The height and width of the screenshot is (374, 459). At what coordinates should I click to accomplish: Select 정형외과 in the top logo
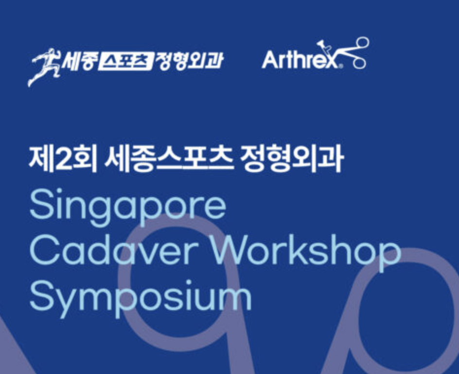point(189,61)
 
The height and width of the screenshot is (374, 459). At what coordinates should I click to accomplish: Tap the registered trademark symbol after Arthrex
point(340,66)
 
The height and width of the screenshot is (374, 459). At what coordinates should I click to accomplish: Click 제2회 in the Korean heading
point(63,159)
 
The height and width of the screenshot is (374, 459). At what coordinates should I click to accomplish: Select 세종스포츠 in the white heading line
point(169,159)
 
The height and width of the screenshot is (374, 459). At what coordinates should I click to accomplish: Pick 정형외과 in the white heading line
point(291,159)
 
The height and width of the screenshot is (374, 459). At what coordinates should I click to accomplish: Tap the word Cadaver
point(113,251)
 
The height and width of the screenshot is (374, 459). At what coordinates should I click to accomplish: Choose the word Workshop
point(305,253)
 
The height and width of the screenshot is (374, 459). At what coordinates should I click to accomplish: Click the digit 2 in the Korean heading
point(64,160)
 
